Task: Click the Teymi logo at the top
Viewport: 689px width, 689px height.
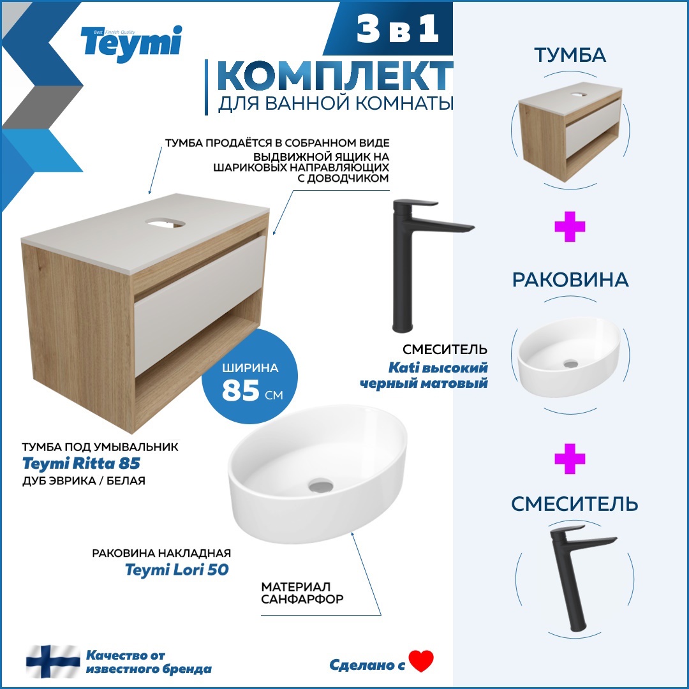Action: click(131, 43)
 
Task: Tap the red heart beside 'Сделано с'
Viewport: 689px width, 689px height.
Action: click(421, 661)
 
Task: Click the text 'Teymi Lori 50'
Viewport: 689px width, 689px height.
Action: click(177, 570)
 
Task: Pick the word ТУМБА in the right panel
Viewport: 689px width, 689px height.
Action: click(570, 56)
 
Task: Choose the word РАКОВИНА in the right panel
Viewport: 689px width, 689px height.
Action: click(570, 279)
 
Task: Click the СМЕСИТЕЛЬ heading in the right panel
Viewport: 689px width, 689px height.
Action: click(574, 504)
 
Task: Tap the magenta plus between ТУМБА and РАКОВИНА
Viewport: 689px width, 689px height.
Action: click(570, 228)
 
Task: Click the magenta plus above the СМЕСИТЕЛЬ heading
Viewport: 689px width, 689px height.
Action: click(570, 459)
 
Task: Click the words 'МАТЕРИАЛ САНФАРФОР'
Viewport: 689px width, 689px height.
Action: click(302, 593)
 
